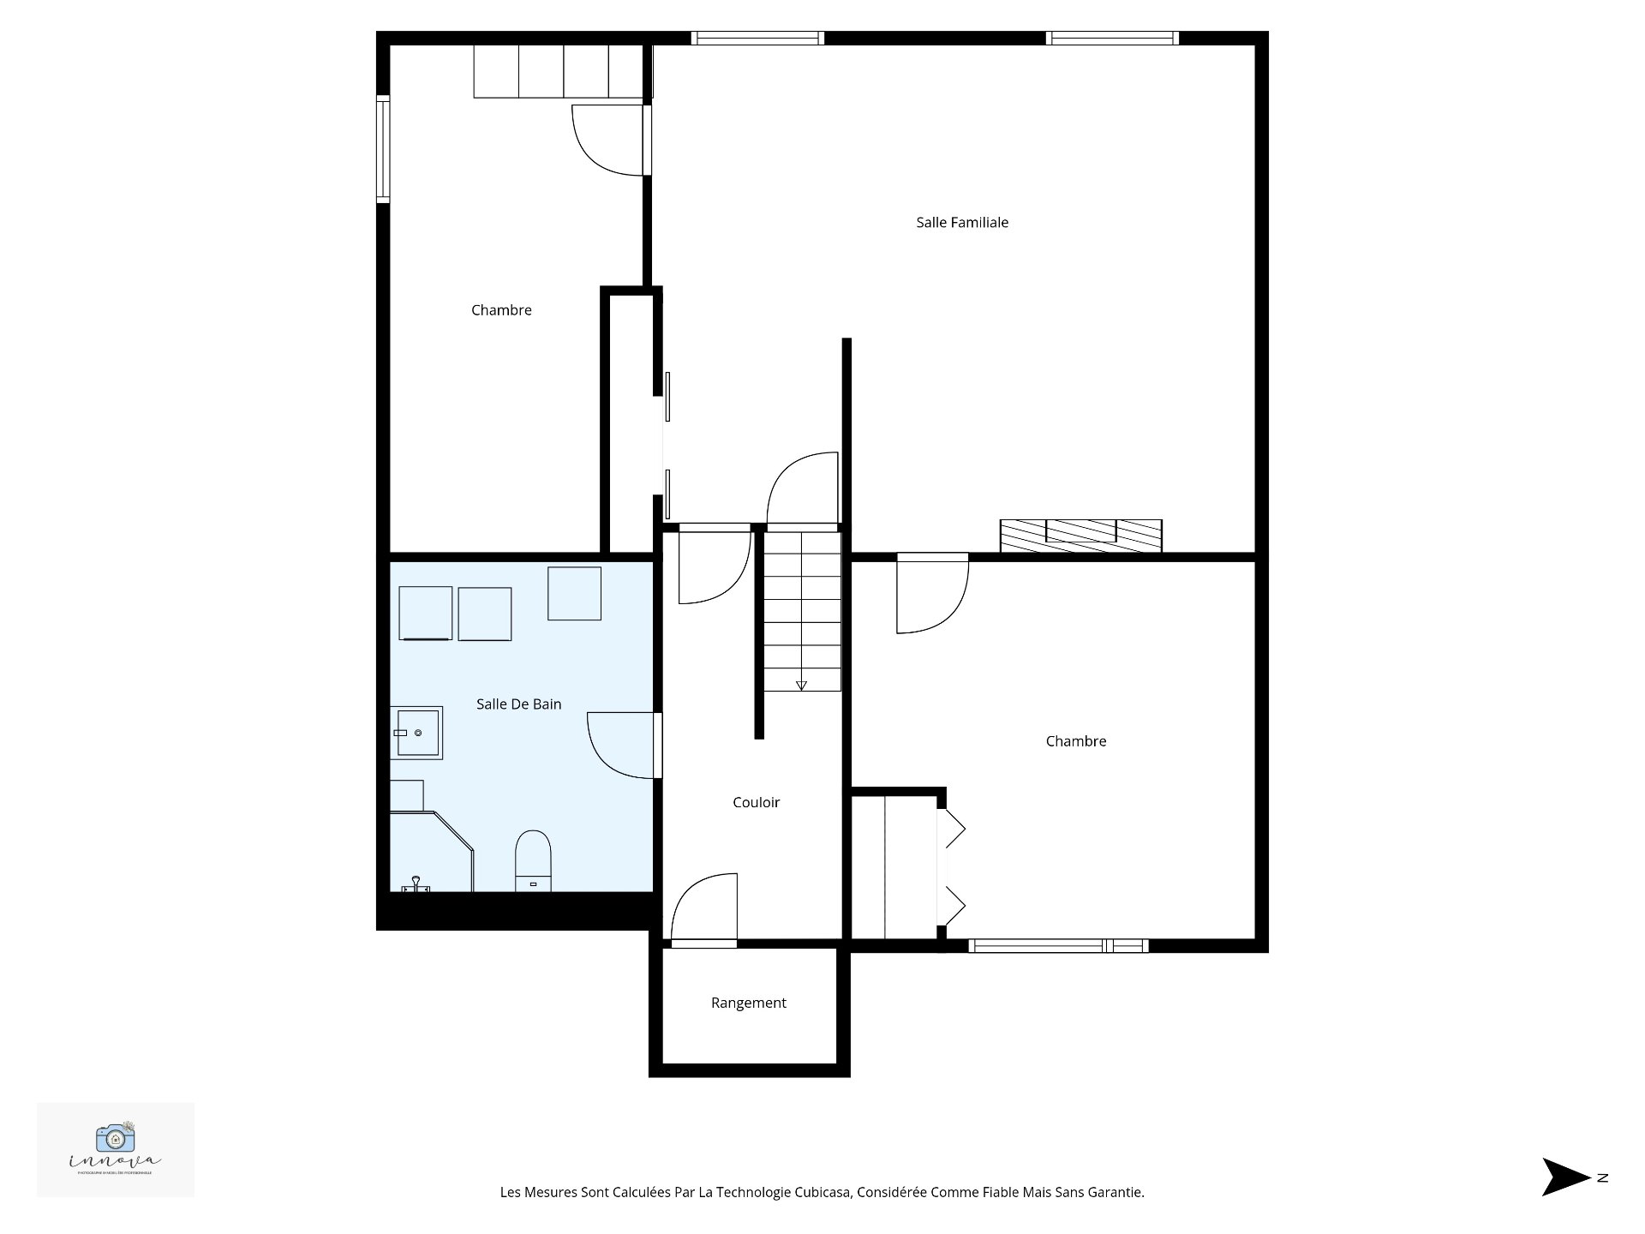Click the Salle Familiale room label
[x=961, y=223]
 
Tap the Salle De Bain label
[x=518, y=704]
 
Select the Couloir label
[x=756, y=803]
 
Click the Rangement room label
[x=748, y=1003]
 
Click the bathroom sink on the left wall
[x=417, y=733]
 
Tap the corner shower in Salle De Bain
[x=428, y=853]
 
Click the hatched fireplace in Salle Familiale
[x=1080, y=535]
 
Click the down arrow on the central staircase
[x=801, y=685]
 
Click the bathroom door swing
[x=621, y=746]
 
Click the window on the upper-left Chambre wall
[x=383, y=149]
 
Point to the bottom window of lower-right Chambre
[x=1058, y=946]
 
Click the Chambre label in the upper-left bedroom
[x=501, y=310]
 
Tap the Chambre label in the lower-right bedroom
[x=1075, y=741]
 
